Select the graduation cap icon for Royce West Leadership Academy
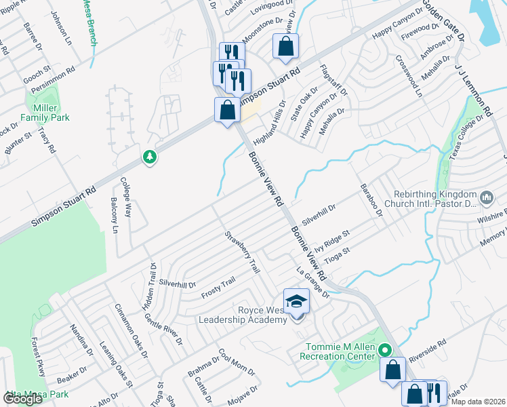click(296, 301)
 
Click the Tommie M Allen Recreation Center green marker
click(384, 351)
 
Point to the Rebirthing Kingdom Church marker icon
click(486, 197)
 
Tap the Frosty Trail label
click(218, 288)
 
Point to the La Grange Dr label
click(312, 283)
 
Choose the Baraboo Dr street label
click(372, 199)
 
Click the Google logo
click(22, 399)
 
